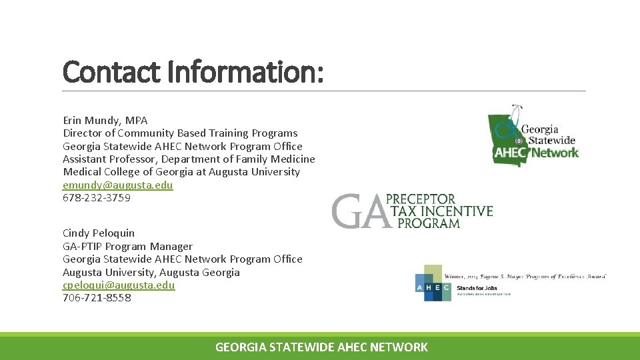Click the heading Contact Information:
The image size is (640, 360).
click(193, 71)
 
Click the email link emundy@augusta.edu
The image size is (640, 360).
click(117, 185)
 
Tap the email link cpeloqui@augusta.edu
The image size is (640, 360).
click(119, 285)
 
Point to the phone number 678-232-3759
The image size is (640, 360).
click(96, 198)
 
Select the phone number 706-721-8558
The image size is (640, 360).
click(97, 298)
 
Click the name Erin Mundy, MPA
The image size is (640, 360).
click(105, 121)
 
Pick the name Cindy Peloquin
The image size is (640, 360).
click(98, 233)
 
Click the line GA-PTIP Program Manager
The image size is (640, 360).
click(127, 246)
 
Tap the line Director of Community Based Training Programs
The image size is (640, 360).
click(180, 133)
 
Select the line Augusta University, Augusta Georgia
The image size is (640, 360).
click(151, 272)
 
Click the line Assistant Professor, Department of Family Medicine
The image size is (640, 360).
click(189, 159)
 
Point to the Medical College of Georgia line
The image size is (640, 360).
click(181, 172)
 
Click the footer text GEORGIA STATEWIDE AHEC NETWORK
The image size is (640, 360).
click(321, 347)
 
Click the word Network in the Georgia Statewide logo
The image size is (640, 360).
click(555, 153)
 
